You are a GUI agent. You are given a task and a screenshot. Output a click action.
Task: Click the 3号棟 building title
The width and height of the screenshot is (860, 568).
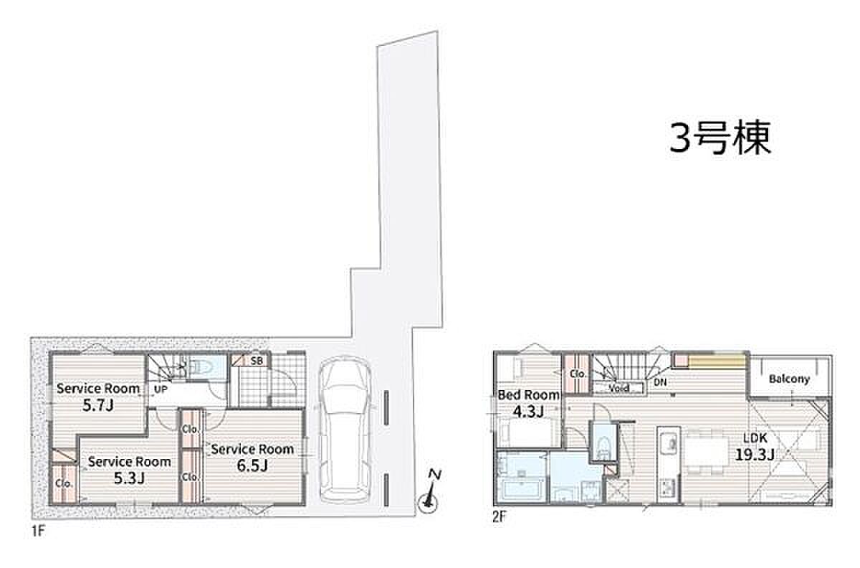pyautogui.click(x=720, y=138)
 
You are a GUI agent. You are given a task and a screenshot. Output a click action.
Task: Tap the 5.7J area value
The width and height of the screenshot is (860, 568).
pyautogui.click(x=98, y=406)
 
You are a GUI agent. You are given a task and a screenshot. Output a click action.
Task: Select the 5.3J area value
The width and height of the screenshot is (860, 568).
pyautogui.click(x=130, y=478)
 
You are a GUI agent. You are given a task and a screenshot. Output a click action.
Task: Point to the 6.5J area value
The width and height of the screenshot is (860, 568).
pyautogui.click(x=252, y=465)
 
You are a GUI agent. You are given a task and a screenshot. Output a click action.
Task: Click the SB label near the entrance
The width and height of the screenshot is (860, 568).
pyautogui.click(x=257, y=361)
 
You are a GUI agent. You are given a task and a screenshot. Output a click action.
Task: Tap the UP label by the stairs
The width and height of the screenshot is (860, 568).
pyautogui.click(x=161, y=389)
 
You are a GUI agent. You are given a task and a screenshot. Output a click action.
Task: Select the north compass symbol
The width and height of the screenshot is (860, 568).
pyautogui.click(x=429, y=493)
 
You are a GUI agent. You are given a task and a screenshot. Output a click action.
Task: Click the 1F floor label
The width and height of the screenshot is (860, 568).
pyautogui.click(x=39, y=532)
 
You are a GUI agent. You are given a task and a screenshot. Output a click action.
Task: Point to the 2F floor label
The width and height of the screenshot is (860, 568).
pyautogui.click(x=499, y=517)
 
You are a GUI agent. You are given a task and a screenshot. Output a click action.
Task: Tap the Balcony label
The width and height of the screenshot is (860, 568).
pyautogui.click(x=789, y=379)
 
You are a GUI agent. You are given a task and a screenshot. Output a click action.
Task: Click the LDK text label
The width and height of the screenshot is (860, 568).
pyautogui.click(x=755, y=437)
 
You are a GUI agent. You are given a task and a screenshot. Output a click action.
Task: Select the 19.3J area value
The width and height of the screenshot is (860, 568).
pyautogui.click(x=755, y=455)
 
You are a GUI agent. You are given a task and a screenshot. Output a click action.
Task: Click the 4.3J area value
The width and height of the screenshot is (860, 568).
pyautogui.click(x=528, y=412)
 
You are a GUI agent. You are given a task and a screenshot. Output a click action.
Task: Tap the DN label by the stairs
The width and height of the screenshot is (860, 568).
pyautogui.click(x=660, y=382)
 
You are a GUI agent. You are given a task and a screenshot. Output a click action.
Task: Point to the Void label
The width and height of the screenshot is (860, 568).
pyautogui.click(x=619, y=388)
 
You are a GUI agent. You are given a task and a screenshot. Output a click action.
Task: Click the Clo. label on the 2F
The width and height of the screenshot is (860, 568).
pyautogui.click(x=578, y=374)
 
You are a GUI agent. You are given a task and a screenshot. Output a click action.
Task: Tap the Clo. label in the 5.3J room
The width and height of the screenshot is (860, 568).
pyautogui.click(x=64, y=483)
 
